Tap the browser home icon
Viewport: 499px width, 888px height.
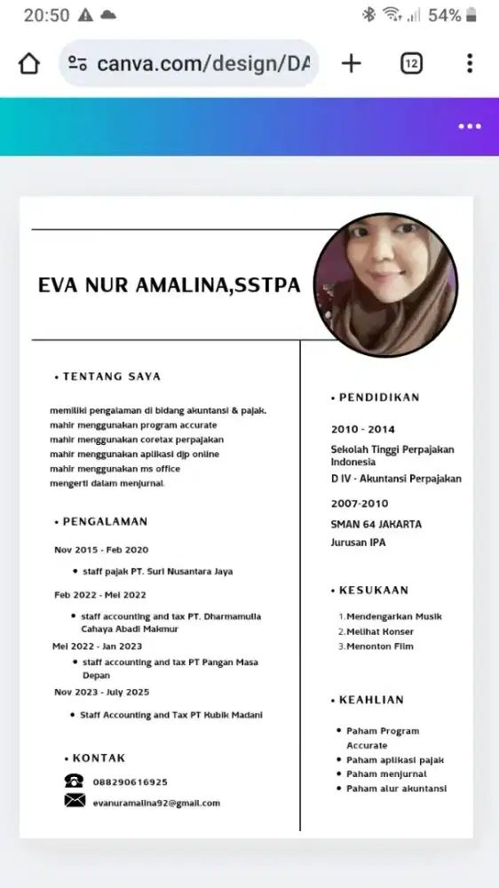[29, 64]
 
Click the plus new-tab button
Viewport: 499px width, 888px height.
[352, 63]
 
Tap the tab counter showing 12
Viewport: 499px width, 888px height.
[411, 64]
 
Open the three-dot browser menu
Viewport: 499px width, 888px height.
[470, 64]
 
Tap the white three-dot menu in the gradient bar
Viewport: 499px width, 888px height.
[470, 126]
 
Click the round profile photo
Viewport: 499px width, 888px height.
[385, 284]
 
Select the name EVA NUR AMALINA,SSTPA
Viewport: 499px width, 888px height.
[169, 286]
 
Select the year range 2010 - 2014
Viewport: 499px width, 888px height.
[362, 430]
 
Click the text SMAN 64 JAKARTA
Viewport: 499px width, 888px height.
[376, 524]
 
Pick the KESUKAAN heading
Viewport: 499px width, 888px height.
[374, 590]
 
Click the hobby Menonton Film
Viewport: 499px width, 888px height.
[380, 646]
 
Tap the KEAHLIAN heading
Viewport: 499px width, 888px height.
[371, 700]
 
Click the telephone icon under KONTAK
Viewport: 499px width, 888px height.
[74, 781]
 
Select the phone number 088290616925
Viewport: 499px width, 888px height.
[130, 782]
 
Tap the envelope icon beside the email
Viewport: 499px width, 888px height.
[75, 801]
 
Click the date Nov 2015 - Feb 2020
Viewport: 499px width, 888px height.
[101, 550]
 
